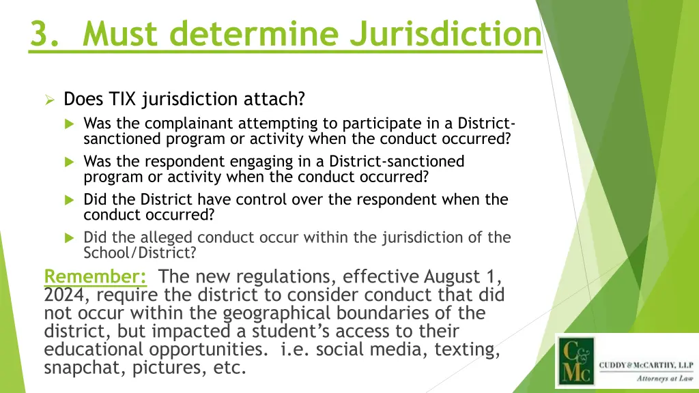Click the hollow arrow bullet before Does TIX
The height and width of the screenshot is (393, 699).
tap(49, 100)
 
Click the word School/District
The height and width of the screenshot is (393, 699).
tap(140, 252)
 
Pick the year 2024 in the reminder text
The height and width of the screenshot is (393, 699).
tap(62, 295)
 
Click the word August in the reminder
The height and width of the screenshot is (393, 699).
tap(455, 277)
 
